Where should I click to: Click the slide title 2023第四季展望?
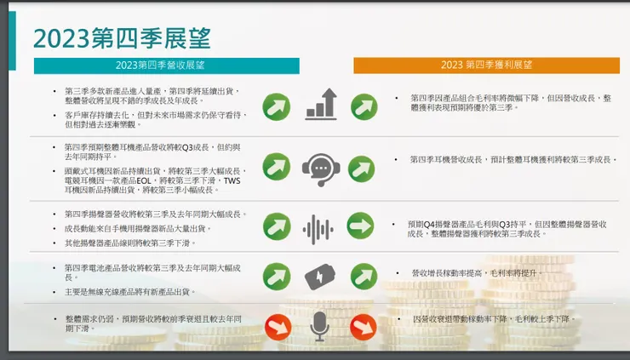pyautogui.click(x=122, y=38)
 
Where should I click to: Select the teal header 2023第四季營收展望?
pyautogui.click(x=166, y=66)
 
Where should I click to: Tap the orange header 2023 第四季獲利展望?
pyautogui.click(x=486, y=66)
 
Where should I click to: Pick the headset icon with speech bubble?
pyautogui.click(x=320, y=165)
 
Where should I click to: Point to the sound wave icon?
pyautogui.click(x=318, y=228)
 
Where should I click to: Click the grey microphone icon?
pyautogui.click(x=319, y=326)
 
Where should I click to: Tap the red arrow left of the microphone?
pyautogui.click(x=277, y=327)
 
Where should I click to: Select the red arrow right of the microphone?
pyautogui.click(x=363, y=327)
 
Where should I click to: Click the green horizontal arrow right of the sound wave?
pyautogui.click(x=361, y=226)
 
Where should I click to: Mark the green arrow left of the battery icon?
pyautogui.click(x=277, y=276)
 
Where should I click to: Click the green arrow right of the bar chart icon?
pyautogui.click(x=364, y=106)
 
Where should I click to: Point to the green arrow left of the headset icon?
pyautogui.click(x=277, y=165)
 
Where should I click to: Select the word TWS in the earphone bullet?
pyautogui.click(x=232, y=180)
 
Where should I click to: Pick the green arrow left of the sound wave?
pyautogui.click(x=277, y=226)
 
